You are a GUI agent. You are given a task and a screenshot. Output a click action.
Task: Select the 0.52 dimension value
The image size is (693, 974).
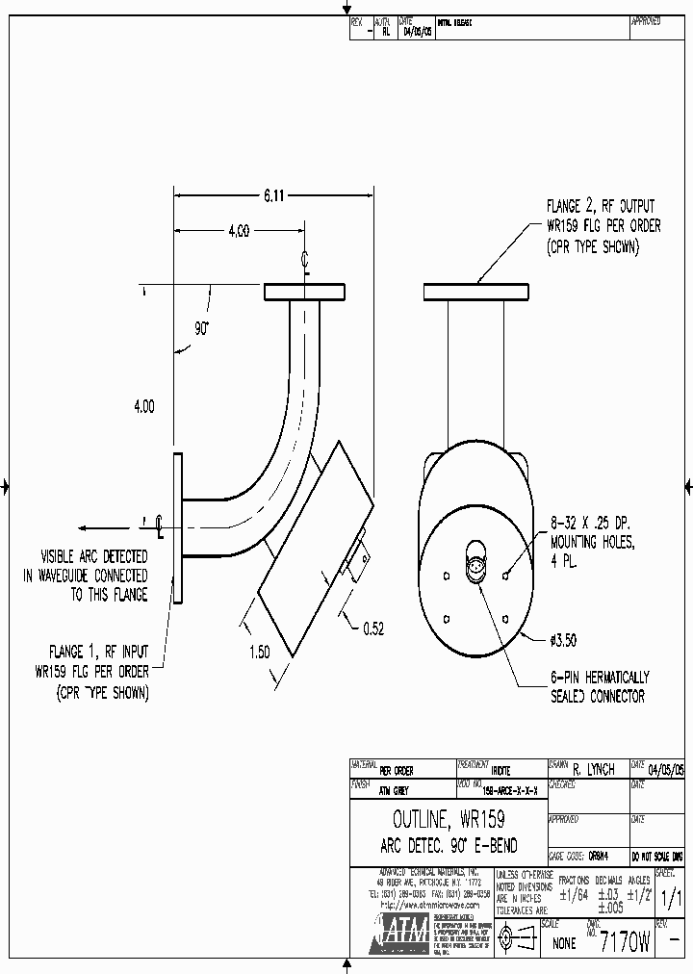click(373, 628)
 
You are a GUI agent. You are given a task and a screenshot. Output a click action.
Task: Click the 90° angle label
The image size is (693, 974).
click(202, 328)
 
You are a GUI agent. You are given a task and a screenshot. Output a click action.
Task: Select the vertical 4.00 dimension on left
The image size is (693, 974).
click(143, 407)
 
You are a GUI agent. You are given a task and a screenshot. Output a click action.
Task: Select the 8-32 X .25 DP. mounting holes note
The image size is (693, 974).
click(594, 543)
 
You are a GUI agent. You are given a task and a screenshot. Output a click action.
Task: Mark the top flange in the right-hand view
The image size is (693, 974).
click(476, 291)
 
